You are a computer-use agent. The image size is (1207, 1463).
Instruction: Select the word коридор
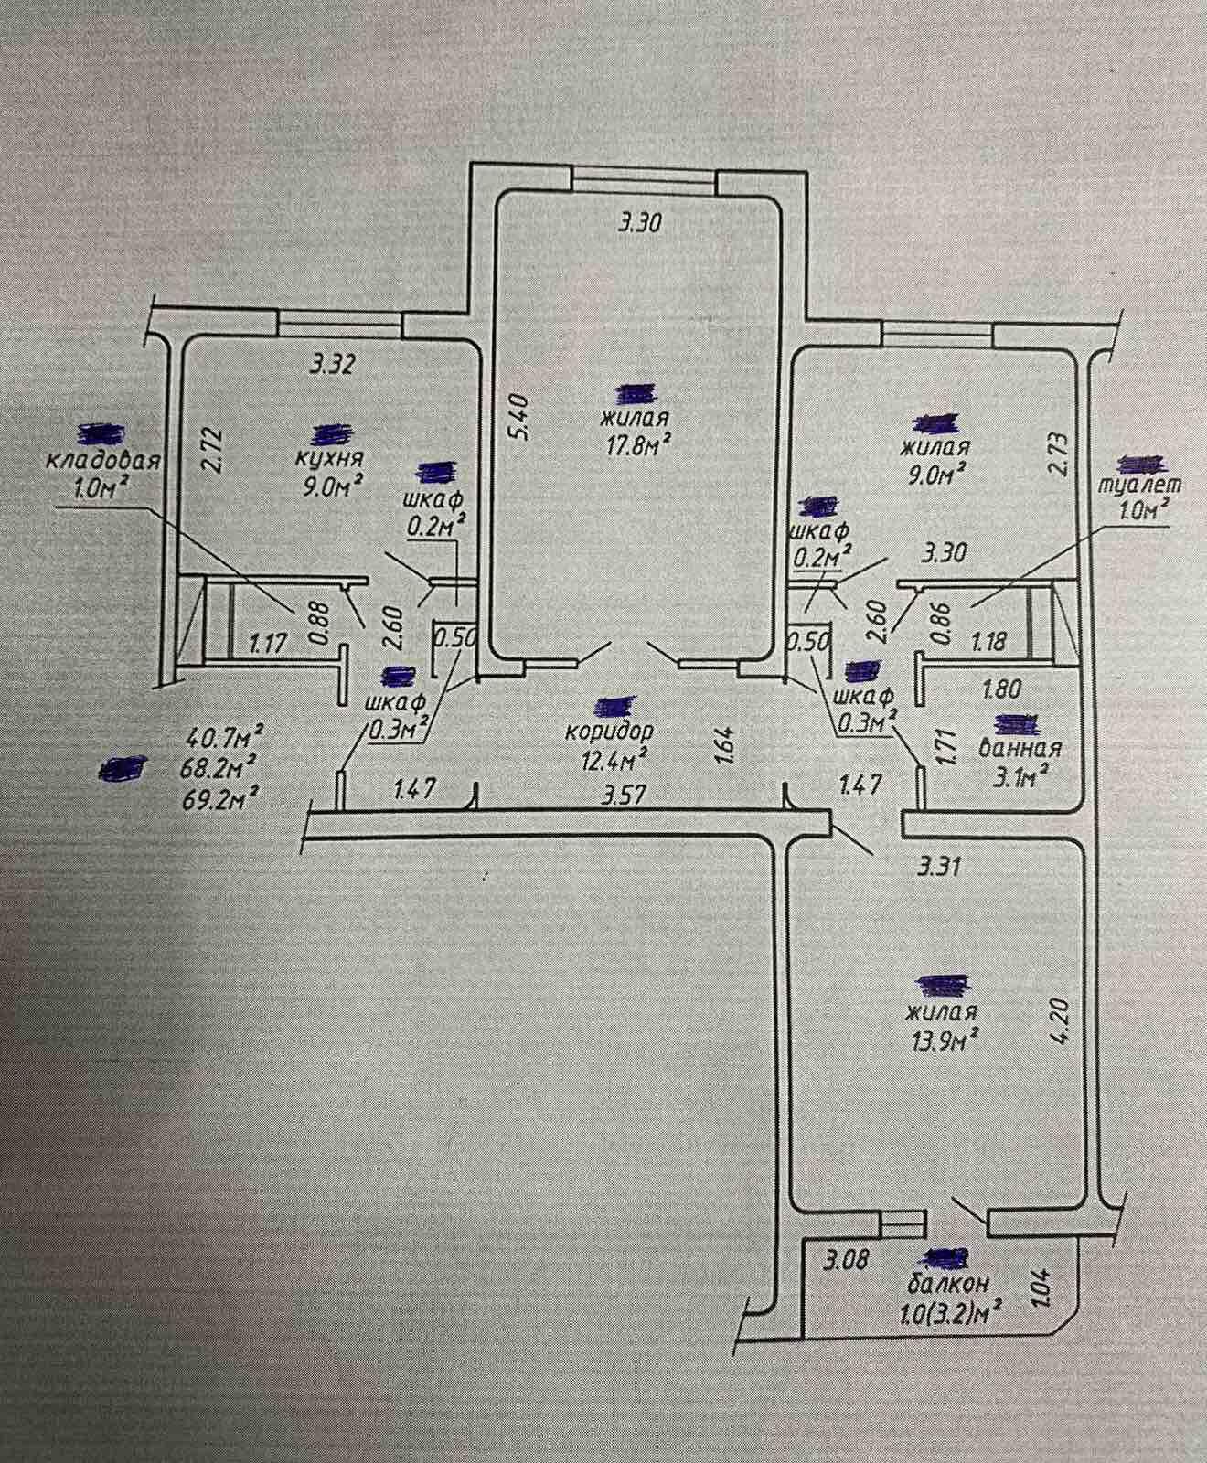610,731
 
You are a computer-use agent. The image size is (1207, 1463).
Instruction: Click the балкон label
948,1284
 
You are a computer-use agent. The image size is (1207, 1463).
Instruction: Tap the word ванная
1020,748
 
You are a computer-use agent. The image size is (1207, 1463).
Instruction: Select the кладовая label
103,461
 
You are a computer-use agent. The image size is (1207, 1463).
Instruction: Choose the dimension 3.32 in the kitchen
332,365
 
